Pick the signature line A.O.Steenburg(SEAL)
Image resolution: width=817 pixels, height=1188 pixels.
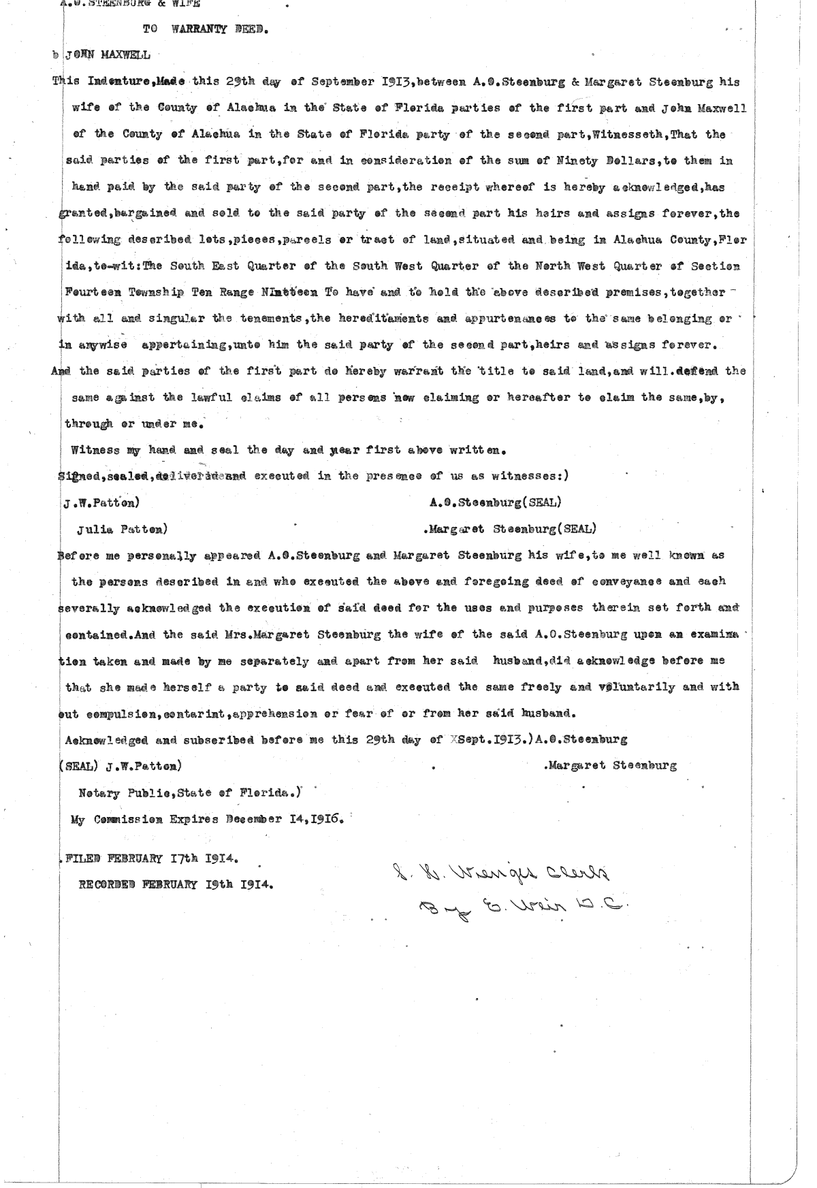point(496,502)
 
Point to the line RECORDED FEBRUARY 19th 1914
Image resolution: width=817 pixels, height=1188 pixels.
point(176,884)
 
